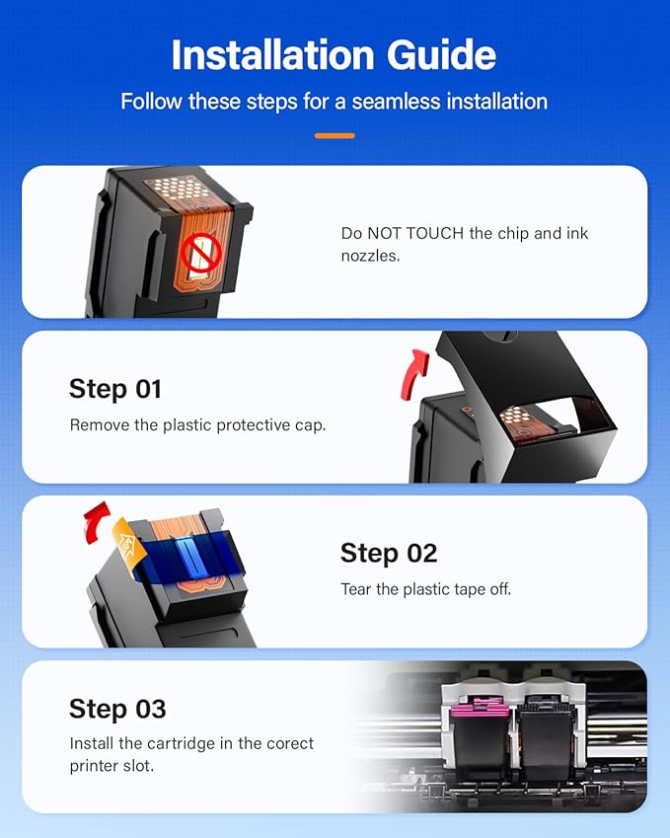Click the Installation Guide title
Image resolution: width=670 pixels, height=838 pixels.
[335, 55]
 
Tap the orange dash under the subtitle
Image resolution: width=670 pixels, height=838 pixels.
[335, 135]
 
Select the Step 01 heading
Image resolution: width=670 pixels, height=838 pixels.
[114, 389]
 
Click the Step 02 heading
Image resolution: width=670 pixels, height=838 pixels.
[388, 553]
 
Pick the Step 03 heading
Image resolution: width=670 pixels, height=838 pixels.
[117, 709]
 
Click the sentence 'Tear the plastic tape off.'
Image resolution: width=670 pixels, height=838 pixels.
[425, 589]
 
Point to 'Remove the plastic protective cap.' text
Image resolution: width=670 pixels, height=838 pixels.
[197, 425]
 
